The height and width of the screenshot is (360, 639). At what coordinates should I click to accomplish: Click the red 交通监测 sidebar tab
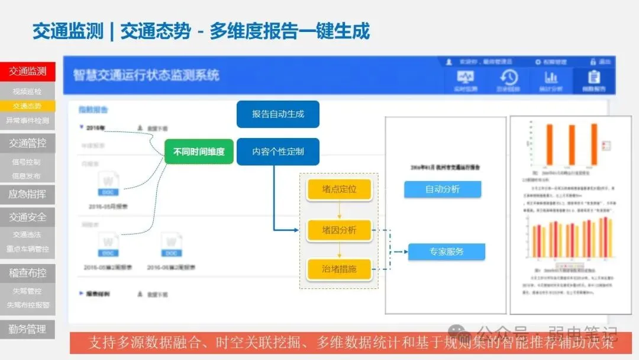click(x=27, y=72)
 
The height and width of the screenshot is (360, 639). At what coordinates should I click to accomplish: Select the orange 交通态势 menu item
click(x=27, y=106)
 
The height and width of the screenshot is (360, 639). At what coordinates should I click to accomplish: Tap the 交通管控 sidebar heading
click(x=27, y=143)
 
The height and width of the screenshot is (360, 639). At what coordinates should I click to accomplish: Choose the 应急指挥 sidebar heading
click(x=27, y=194)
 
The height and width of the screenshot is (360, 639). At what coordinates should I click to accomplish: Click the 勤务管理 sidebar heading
click(x=27, y=329)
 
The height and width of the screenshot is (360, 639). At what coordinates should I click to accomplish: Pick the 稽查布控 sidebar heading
click(x=27, y=273)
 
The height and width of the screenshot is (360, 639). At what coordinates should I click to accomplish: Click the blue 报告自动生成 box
click(x=277, y=114)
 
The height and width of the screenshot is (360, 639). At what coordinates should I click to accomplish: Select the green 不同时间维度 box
click(x=199, y=152)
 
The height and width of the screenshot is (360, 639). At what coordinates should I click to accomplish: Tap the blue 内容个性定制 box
click(x=277, y=152)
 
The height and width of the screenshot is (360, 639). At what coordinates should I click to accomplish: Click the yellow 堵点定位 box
click(x=339, y=189)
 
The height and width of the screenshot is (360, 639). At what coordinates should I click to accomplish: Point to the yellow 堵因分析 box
click(x=339, y=230)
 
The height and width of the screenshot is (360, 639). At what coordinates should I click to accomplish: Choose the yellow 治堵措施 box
click(x=339, y=269)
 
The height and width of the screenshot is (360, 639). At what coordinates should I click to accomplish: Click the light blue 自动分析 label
click(x=442, y=189)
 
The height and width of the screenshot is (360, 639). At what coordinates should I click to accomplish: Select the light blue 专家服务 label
click(x=446, y=252)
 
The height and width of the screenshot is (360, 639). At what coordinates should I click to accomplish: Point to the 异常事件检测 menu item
click(x=27, y=120)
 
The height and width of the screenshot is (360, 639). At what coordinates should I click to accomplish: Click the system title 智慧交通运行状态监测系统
click(x=146, y=75)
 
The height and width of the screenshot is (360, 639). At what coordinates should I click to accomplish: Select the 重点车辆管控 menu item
click(x=27, y=249)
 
